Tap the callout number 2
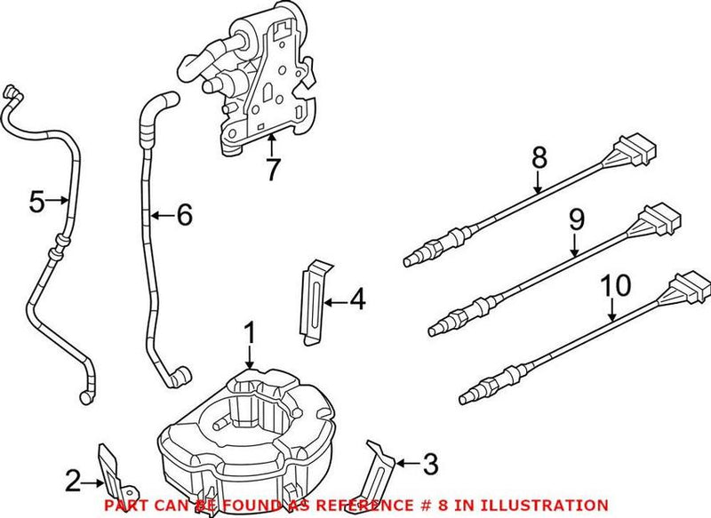(73, 484)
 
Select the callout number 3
(430, 463)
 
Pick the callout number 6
(182, 214)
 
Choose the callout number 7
(273, 166)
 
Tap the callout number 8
(539, 158)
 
